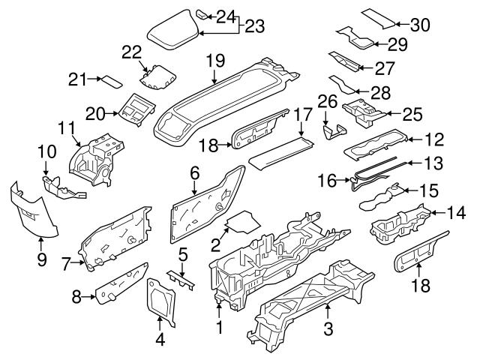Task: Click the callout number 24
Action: (x=226, y=16)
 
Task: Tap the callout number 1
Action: (x=218, y=328)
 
